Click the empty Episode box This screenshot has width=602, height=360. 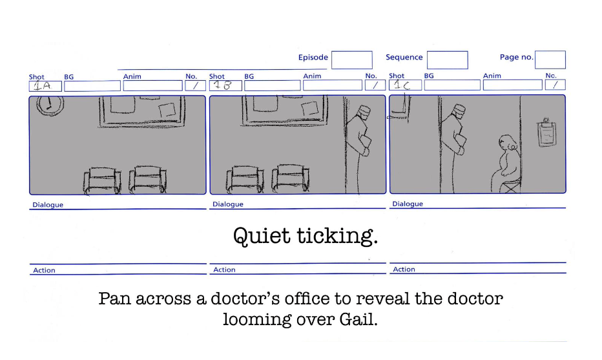pyautogui.click(x=352, y=60)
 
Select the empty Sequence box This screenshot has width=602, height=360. pyautogui.click(x=447, y=60)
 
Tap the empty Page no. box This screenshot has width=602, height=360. pyautogui.click(x=550, y=60)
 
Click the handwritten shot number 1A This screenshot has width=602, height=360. pyautogui.click(x=45, y=86)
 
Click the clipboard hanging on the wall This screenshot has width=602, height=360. pyautogui.click(x=547, y=133)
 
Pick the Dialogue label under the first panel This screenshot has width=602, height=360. pyautogui.click(x=48, y=206)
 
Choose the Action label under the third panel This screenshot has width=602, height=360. pyautogui.click(x=404, y=270)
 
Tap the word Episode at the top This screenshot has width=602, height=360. pyautogui.click(x=313, y=58)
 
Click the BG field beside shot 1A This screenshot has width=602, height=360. pyautogui.click(x=92, y=85)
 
